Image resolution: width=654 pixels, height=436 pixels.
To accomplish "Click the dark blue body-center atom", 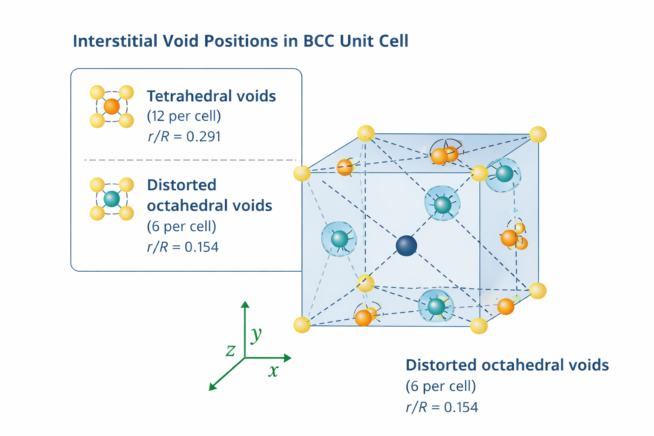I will [406, 246].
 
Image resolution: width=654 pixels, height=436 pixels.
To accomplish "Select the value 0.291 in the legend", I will [204, 137].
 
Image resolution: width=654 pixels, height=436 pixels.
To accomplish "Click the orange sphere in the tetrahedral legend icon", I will [112, 106].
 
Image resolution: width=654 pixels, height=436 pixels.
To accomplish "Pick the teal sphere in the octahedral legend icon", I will [112, 199].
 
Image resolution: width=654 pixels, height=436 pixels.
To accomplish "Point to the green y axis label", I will [256, 335].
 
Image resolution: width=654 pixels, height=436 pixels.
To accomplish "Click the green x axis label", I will [273, 370].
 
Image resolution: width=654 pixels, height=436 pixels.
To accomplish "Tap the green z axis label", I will [230, 350].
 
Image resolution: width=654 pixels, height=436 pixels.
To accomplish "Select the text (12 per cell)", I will [184, 116].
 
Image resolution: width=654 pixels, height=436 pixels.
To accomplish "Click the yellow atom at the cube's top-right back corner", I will [538, 135].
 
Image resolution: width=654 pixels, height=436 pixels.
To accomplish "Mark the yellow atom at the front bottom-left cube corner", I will [302, 325].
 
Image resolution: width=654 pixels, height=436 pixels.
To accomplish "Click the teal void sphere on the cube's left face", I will [339, 239].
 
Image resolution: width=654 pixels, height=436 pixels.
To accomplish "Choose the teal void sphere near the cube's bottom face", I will [436, 306].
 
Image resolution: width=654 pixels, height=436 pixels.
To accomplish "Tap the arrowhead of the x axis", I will [288, 358].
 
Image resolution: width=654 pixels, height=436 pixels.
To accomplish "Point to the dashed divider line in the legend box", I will [189, 160].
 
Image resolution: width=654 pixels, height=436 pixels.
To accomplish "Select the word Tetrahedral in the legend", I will [188, 96].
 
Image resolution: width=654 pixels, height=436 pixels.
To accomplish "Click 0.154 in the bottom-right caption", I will [461, 407].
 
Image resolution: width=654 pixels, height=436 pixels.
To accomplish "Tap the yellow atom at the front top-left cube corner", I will [302, 173].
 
